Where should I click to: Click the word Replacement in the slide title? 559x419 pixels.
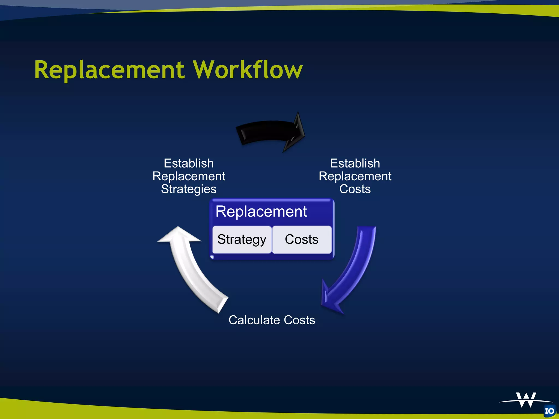[109, 70]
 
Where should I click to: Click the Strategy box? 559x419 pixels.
[242, 240]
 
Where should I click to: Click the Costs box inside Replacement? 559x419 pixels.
[302, 240]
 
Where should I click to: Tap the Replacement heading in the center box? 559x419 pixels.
[261, 211]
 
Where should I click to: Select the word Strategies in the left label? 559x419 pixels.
[189, 189]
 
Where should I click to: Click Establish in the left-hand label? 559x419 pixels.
[189, 163]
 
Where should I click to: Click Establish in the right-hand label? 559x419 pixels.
[355, 163]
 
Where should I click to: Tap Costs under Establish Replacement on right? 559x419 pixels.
[355, 189]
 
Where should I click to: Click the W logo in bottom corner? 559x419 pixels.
[526, 400]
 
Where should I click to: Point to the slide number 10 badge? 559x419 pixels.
[550, 411]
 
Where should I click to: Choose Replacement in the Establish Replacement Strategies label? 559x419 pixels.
[189, 176]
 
